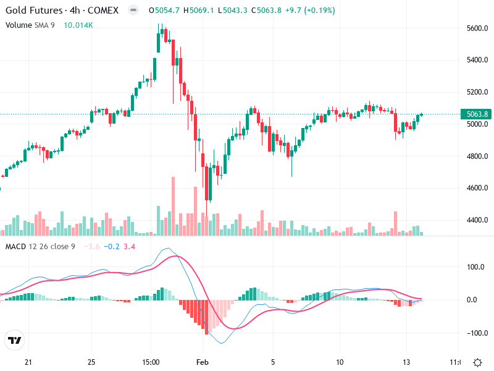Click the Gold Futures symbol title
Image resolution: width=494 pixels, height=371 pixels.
pos(34,11)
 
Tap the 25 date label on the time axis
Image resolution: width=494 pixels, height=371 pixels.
pos(91,362)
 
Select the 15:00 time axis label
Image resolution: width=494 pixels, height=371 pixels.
pos(151,362)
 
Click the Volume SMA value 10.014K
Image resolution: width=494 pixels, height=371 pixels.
pos(78,25)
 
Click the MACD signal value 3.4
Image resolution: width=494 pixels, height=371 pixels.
pos(129,247)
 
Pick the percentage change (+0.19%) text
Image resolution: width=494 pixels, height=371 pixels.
pos(318,11)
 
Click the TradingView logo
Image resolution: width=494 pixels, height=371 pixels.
pos(14,339)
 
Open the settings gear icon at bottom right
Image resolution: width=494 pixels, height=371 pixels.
pos(477,362)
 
